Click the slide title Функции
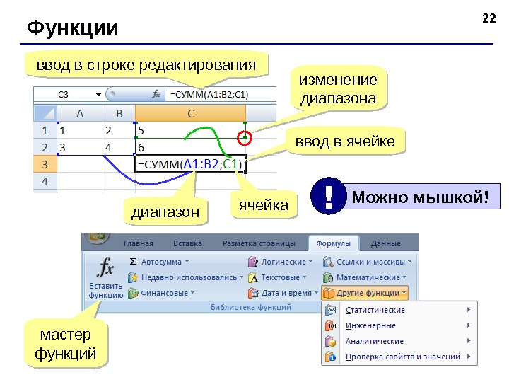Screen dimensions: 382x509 tap(73, 28)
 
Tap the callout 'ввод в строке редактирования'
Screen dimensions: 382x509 tap(146, 66)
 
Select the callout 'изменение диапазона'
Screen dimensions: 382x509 tap(339, 88)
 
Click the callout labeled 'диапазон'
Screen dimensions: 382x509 tap(166, 212)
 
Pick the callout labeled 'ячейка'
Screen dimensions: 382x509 tap(264, 205)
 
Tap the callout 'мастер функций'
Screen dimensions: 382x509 tap(66, 344)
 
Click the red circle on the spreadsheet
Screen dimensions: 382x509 tap(245, 137)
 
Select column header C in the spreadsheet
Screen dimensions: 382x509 tap(191, 113)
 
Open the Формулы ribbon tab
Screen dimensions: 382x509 tap(333, 243)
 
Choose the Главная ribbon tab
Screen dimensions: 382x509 tap(143, 243)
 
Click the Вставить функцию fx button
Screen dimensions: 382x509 tap(106, 277)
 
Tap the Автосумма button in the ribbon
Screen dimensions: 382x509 tap(160, 261)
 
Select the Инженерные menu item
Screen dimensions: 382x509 tap(370, 325)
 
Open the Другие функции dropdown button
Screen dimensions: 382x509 tap(365, 292)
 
